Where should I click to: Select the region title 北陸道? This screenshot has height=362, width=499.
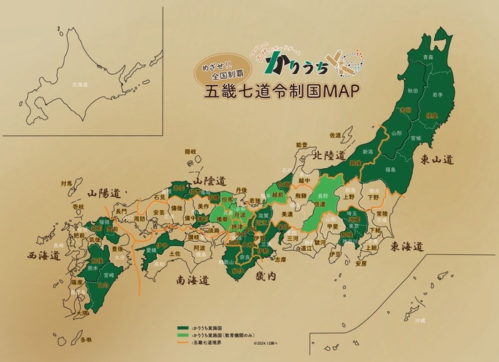[324, 155]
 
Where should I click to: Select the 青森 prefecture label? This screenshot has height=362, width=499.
[426, 56]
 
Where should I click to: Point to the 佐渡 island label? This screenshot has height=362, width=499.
[335, 135]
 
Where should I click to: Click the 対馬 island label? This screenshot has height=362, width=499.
[67, 183]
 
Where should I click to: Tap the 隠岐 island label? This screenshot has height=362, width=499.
[190, 152]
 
